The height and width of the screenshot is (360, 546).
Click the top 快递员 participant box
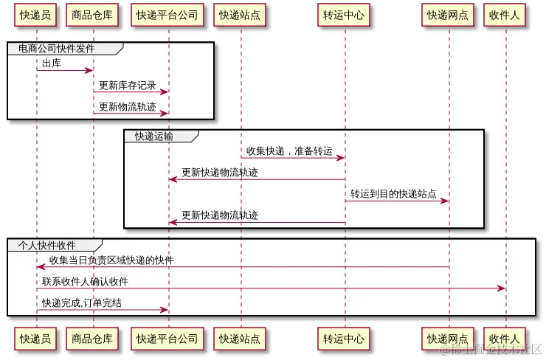pos(35,14)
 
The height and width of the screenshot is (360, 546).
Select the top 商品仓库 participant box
pos(93,14)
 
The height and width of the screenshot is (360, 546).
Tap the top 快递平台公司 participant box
pos(167,14)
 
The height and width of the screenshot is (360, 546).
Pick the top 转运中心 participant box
pos(343,14)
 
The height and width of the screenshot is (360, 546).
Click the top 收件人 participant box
pos(505,14)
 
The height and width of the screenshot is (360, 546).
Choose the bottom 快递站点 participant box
pos(240,339)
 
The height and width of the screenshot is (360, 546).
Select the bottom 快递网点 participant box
pos(448,339)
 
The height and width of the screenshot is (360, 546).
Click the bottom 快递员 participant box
pos(35,339)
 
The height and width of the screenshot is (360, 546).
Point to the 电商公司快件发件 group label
pos(62,49)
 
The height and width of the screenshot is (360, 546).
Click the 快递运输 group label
pos(154,136)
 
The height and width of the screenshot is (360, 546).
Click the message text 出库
pos(51,63)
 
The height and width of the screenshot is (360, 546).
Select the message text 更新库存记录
pos(128,85)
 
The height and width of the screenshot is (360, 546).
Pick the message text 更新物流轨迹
pos(128,106)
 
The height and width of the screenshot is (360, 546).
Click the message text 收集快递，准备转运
pos(289,151)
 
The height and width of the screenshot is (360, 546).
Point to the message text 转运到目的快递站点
pos(393,194)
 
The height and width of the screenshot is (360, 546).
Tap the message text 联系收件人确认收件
pos(85,281)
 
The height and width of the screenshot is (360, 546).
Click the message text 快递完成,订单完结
pos(82,302)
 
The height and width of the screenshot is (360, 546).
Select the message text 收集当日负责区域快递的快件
pos(111,260)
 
